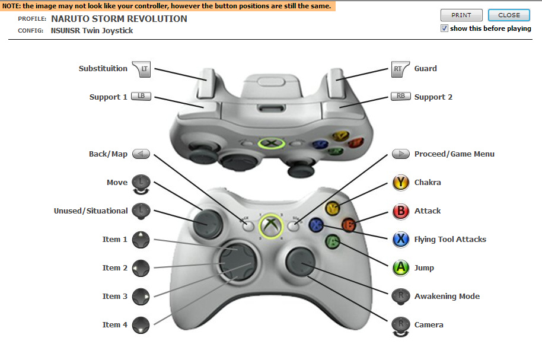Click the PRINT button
click(461, 15)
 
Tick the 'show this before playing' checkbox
click(445, 28)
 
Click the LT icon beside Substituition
click(142, 69)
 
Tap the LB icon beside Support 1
click(141, 97)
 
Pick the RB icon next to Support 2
click(401, 97)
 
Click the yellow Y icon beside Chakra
click(401, 183)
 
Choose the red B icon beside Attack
click(401, 211)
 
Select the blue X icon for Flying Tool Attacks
click(401, 240)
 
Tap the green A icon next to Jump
click(401, 268)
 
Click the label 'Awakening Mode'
click(447, 297)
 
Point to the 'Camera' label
click(429, 325)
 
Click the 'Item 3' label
click(115, 297)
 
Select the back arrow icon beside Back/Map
click(141, 154)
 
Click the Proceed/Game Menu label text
click(454, 154)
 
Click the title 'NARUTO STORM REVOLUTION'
click(119, 18)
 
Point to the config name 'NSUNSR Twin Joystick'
click(92, 31)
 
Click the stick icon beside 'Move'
click(141, 183)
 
